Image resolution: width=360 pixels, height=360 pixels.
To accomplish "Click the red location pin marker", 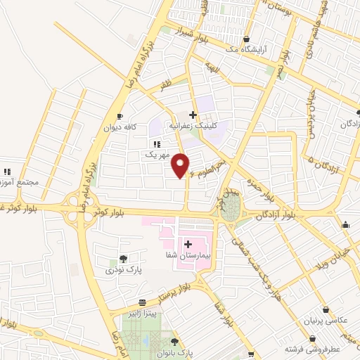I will [182, 166].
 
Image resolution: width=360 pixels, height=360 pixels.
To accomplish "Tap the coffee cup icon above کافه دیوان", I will [120, 116].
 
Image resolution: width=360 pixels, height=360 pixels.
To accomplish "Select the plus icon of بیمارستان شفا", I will [188, 243].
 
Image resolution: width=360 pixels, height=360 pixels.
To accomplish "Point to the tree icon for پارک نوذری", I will [124, 259].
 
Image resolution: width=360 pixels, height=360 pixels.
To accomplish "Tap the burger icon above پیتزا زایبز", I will [141, 301].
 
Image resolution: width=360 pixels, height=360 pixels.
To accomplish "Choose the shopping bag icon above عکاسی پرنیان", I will [325, 309].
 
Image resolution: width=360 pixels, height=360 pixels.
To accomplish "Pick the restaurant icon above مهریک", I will [156, 143].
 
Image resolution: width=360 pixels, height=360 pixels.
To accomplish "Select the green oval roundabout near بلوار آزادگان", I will [231, 206].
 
